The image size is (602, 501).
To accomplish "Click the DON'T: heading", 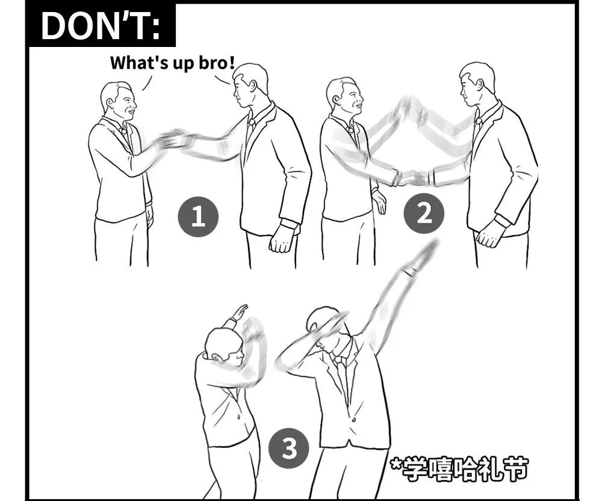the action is pos(101,26).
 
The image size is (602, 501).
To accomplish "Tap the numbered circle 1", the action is pos(197,217).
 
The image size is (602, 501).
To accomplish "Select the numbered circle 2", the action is pos(424,213).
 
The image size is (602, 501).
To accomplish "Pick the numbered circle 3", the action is pos(289,448).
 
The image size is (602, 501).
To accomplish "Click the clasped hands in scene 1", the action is pos(174,139).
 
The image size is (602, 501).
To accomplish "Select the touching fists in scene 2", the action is pos(415,178).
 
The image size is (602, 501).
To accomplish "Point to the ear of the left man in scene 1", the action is pos(110,104).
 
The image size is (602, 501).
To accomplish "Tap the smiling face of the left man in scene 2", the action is pos(352,99).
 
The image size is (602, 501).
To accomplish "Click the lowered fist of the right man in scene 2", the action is pos(488,235).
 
